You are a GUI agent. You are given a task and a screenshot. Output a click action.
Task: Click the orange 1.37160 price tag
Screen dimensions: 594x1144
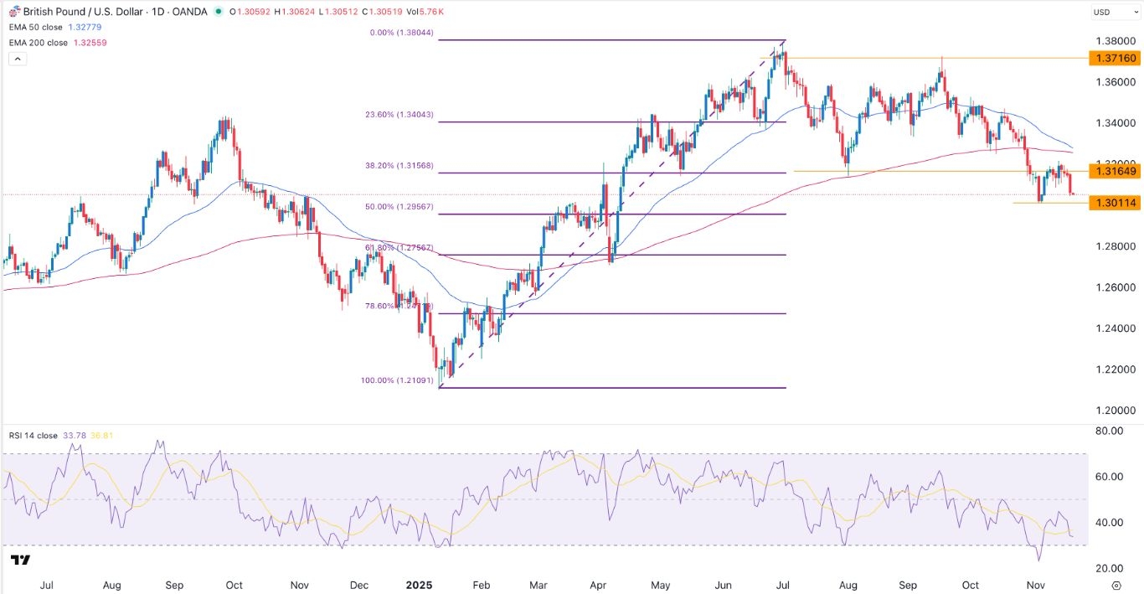(x=1113, y=58)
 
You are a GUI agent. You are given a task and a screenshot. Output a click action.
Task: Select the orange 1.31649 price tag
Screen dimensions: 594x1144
(x=1113, y=171)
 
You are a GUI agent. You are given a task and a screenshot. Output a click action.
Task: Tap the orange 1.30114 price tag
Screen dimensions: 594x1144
(x=1113, y=203)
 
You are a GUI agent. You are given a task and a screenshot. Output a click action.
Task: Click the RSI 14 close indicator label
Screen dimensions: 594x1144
(x=34, y=435)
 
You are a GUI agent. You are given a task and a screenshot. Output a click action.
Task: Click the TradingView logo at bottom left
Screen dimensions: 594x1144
(x=21, y=560)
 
